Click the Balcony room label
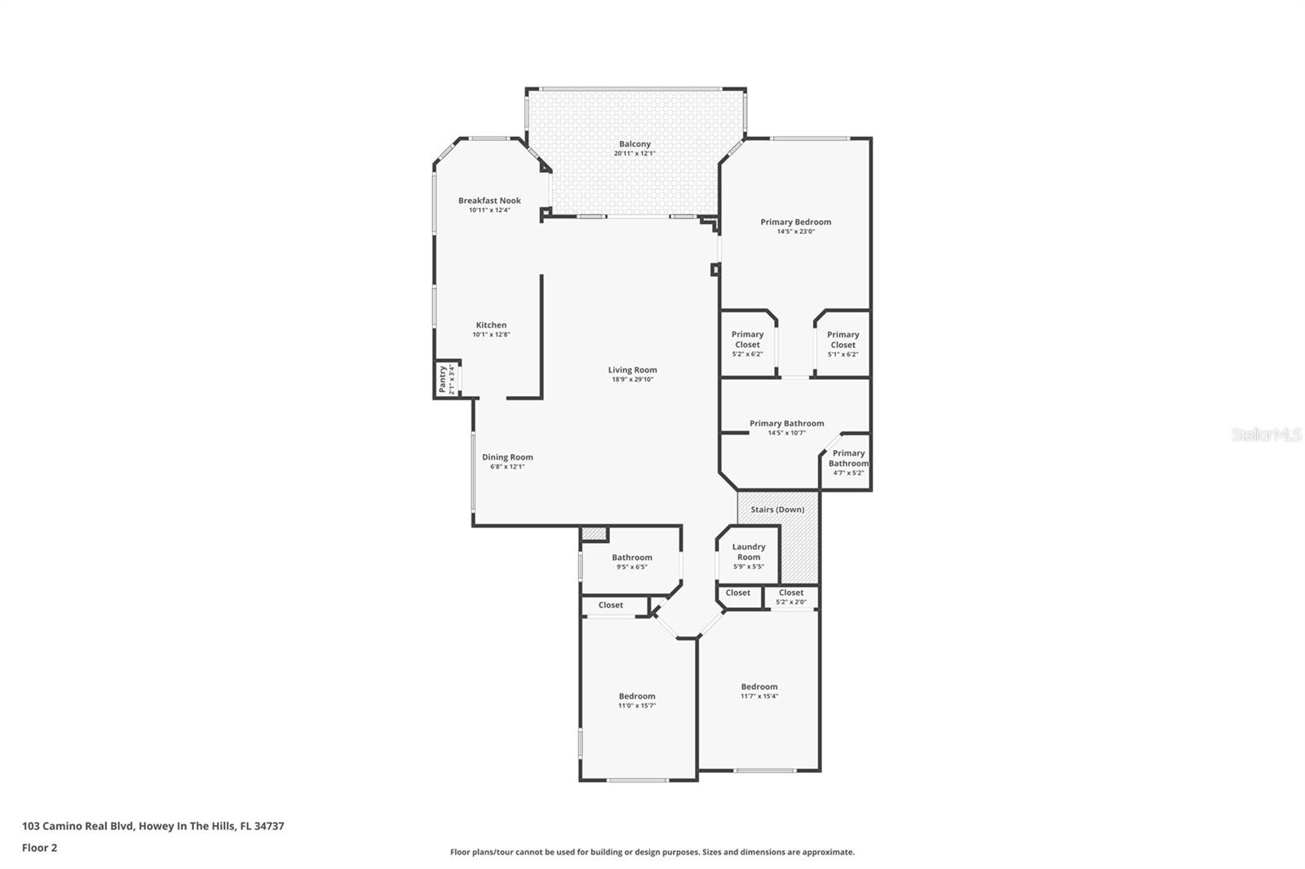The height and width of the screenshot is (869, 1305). (x=635, y=144)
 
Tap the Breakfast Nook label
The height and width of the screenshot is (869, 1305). (x=489, y=201)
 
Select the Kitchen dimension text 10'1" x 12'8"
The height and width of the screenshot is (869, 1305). (x=491, y=334)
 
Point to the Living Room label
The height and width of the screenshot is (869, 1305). (x=632, y=370)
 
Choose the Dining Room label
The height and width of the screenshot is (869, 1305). (x=507, y=457)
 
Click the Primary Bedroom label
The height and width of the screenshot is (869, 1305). (x=795, y=222)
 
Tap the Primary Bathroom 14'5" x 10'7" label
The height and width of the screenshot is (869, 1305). (x=786, y=424)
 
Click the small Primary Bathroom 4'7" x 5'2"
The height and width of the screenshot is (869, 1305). (x=848, y=462)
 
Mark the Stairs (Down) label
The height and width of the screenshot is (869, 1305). (x=777, y=509)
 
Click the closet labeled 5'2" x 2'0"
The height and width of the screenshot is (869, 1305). (x=791, y=597)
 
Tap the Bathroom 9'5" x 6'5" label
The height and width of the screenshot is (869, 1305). (x=632, y=558)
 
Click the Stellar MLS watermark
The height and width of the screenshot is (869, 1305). (x=1266, y=435)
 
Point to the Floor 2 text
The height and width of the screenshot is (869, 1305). (x=39, y=848)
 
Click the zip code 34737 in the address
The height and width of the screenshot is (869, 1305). (x=269, y=826)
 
